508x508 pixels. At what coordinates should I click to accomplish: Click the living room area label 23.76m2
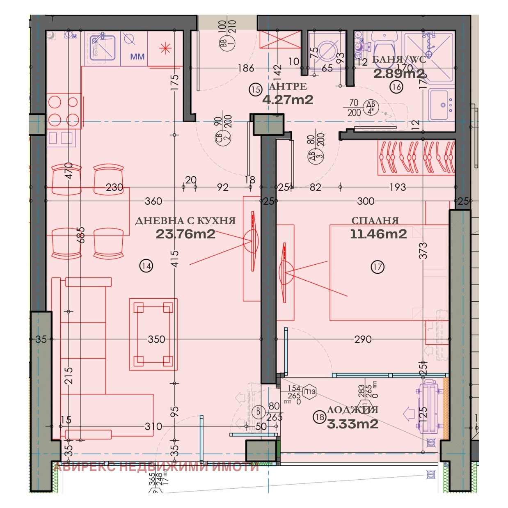(185, 234)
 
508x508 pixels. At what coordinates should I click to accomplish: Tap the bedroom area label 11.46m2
(378, 234)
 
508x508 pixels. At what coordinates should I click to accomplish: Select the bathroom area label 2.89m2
(399, 73)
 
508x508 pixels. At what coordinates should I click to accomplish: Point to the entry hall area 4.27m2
(288, 100)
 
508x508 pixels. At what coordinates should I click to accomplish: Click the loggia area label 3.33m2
(352, 424)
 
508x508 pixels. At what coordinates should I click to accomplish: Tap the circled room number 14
(146, 266)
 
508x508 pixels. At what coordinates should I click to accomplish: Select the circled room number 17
(378, 267)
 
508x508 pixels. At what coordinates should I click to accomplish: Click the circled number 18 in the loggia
(319, 417)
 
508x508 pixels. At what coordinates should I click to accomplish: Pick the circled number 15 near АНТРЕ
(256, 89)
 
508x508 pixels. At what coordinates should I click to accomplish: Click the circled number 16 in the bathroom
(397, 87)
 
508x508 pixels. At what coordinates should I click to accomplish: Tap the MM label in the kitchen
(137, 57)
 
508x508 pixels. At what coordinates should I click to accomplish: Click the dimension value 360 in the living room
(153, 201)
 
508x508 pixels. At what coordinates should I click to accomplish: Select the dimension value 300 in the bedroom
(365, 201)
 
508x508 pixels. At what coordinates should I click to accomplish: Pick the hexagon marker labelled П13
(310, 391)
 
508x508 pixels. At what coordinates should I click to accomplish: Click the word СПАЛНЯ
(375, 220)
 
